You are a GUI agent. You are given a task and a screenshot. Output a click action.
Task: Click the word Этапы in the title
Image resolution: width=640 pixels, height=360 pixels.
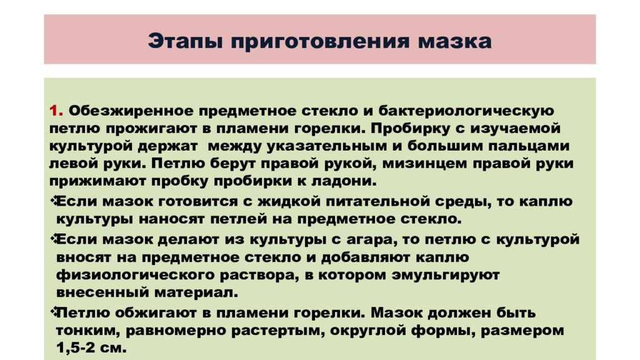coord(186,42)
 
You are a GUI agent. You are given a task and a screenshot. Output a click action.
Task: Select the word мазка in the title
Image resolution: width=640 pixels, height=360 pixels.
coord(457,42)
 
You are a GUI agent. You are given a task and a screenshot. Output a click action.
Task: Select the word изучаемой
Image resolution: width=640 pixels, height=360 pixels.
coord(511,128)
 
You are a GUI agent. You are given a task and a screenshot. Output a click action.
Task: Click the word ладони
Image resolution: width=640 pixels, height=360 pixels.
coord(344,181)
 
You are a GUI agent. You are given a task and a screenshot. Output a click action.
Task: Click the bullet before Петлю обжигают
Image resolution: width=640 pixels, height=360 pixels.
coord(52,310)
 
